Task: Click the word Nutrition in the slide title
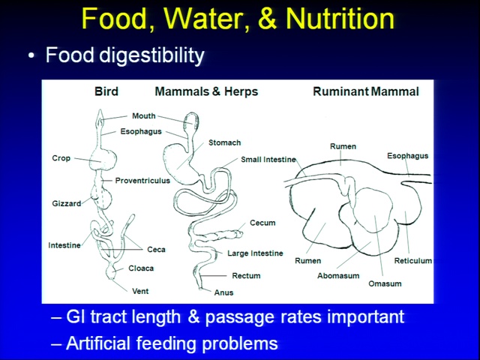340,19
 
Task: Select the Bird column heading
106,91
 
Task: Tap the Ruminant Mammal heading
366,91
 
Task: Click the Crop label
61,158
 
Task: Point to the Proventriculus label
142,181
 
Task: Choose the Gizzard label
67,203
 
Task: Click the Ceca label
156,250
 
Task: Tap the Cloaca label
141,268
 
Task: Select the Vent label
140,291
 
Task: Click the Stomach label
225,142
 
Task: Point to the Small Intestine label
268,160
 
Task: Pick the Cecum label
262,223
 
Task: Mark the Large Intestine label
255,253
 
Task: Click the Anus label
223,292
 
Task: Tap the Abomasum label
338,276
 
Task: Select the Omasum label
385,283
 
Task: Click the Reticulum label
413,261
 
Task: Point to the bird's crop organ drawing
103,159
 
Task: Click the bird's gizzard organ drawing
102,197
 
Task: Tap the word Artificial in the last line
98,343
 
